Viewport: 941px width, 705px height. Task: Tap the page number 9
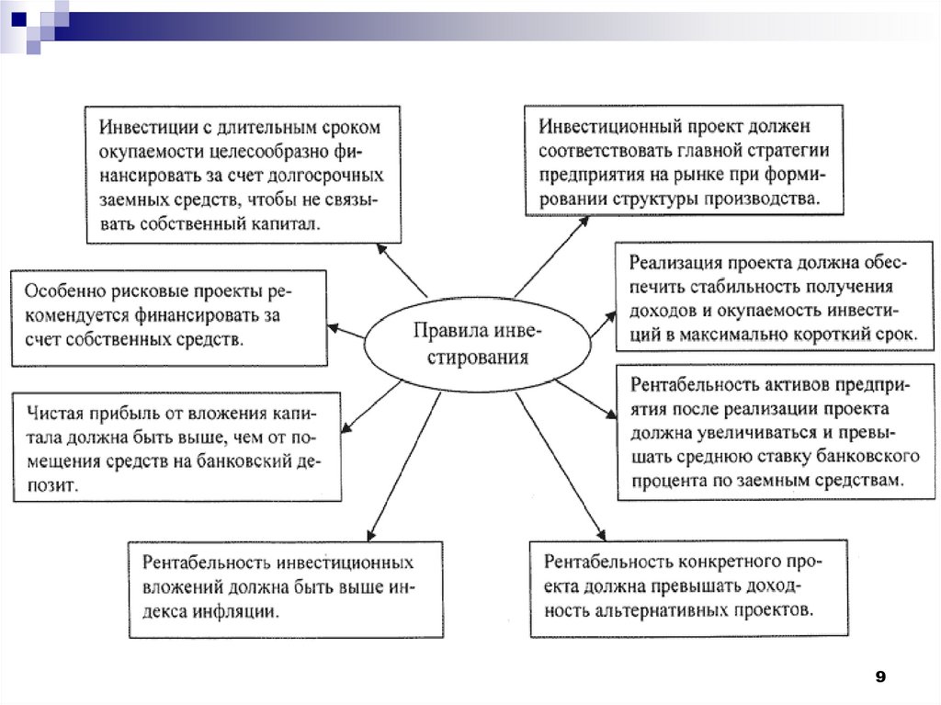[x=880, y=677]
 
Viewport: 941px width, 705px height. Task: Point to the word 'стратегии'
[x=789, y=150]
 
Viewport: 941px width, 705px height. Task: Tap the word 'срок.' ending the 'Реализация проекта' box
[x=892, y=335]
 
